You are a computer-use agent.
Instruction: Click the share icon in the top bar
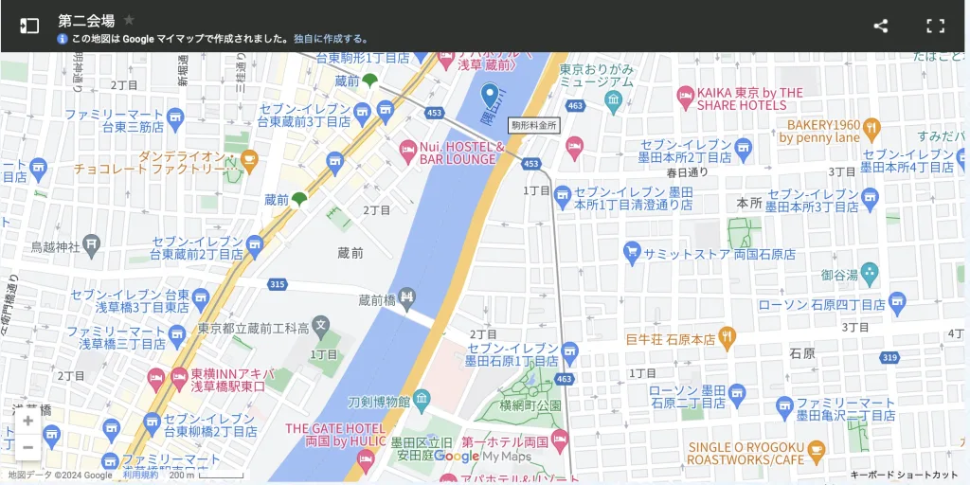point(880,27)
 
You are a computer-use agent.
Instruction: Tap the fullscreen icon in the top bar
point(935,27)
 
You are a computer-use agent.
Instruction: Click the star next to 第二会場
point(130,20)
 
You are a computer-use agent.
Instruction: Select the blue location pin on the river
point(490,95)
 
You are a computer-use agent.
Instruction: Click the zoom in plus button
point(28,422)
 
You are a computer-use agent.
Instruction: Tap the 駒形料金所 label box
point(534,124)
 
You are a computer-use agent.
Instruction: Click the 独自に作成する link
point(329,39)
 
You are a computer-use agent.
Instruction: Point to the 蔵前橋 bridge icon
point(407,299)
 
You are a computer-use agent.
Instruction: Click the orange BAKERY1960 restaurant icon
point(872,130)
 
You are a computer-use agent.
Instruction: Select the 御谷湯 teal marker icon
point(870,275)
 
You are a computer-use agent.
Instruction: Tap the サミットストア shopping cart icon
point(632,253)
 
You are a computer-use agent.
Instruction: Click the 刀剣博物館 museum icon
point(422,399)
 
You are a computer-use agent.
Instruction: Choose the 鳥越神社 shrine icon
point(91,246)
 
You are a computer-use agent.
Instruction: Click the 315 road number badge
point(277,284)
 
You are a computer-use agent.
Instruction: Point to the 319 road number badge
point(889,357)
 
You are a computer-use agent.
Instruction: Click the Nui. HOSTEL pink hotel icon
point(408,150)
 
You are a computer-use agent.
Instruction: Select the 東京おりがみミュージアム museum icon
point(613,100)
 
